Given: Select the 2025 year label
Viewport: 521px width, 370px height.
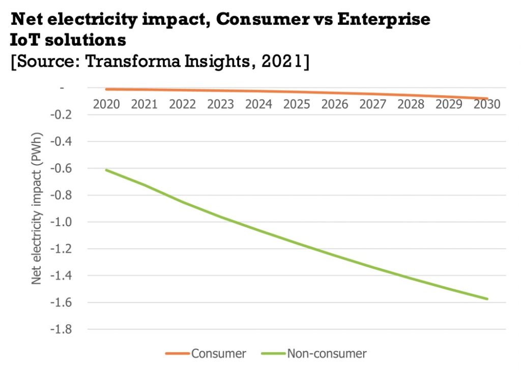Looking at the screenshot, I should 297,104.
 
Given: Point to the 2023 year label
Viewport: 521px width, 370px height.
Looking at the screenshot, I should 220,104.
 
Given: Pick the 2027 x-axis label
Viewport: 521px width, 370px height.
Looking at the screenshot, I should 373,104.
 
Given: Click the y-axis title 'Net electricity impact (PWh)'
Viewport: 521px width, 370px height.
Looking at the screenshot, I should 37,209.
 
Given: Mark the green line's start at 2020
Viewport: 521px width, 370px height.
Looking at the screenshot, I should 106,170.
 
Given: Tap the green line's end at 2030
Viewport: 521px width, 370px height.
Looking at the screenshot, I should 487,299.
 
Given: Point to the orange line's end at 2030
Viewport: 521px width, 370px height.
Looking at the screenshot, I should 487,99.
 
